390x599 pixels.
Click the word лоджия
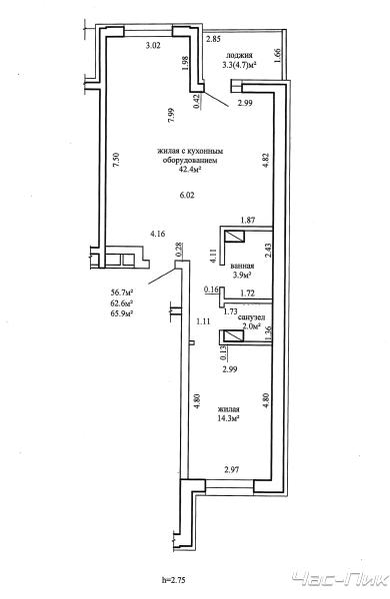click(x=239, y=55)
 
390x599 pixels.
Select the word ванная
click(x=243, y=266)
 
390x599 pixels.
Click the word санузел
click(x=251, y=317)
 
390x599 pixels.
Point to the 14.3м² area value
click(x=228, y=417)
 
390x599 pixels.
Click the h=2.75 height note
click(x=173, y=580)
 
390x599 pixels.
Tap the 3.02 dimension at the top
click(x=153, y=46)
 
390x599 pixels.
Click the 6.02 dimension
click(x=188, y=196)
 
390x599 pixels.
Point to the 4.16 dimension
click(x=158, y=234)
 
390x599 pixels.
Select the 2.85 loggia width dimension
click(x=213, y=39)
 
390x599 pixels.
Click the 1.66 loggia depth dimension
click(x=278, y=55)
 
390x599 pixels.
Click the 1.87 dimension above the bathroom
click(x=248, y=220)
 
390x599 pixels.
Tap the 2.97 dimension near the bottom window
click(x=232, y=469)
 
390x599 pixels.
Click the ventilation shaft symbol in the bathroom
click(x=234, y=238)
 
